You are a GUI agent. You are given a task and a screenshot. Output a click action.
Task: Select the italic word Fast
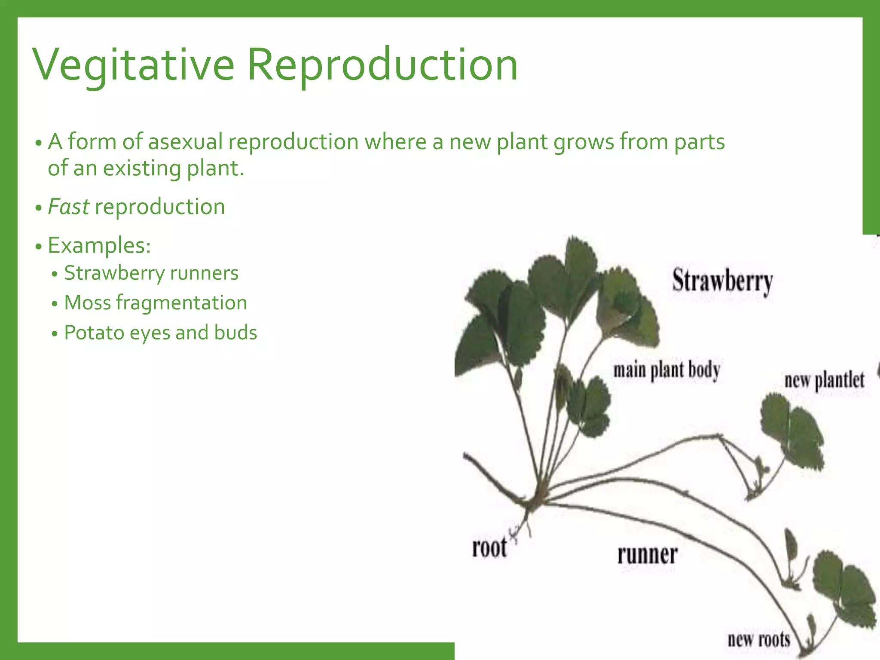click(68, 207)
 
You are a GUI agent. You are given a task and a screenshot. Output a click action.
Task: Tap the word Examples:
click(99, 245)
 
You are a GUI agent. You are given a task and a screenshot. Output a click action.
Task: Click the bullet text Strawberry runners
click(151, 273)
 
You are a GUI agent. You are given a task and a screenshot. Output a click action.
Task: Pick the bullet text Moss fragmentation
click(156, 303)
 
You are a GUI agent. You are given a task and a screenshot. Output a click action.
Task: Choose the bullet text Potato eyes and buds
click(160, 333)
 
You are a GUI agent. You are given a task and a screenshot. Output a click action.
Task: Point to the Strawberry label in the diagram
click(722, 281)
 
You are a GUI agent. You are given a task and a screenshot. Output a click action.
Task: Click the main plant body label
click(666, 370)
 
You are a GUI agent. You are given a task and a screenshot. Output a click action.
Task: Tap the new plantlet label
click(824, 380)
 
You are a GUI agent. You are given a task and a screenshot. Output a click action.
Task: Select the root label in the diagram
click(489, 548)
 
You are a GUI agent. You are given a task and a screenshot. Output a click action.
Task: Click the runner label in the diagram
click(647, 555)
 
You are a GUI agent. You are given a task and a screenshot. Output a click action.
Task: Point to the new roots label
click(759, 639)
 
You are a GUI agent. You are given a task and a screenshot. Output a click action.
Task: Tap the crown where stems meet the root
click(535, 501)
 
